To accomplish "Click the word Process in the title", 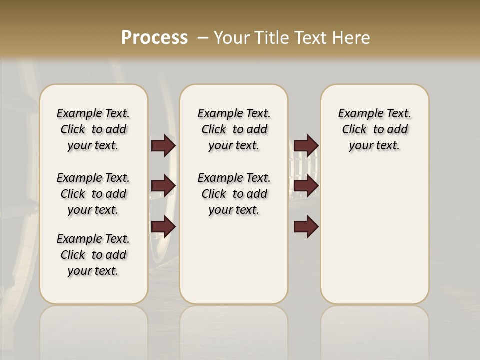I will coord(154,38).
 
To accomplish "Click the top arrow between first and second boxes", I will coord(164,146).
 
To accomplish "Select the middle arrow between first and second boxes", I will coord(164,186).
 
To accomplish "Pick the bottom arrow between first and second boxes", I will coord(164,226).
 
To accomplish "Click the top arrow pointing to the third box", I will coord(306,146).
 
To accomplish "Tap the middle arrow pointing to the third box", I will coord(306,186).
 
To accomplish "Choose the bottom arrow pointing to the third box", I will coord(306,227).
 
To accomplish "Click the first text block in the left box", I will coord(93,129).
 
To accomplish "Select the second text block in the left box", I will coord(93,194).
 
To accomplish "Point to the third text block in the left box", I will coord(93,255).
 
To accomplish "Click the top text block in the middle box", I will coord(234,129).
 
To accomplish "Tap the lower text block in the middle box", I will coord(234,194).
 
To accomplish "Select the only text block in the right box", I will coord(374,129).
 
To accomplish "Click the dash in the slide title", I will coord(203,38).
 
